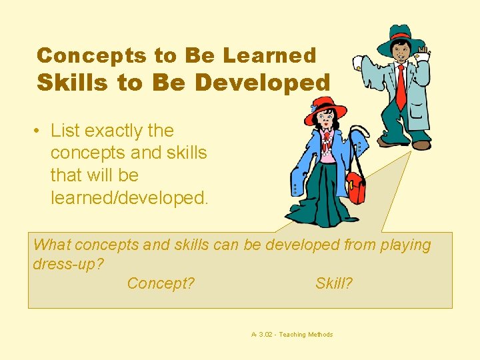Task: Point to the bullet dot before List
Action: pos(39,131)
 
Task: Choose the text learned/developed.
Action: pos(129,197)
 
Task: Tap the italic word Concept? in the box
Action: pos(161,283)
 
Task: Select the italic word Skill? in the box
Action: pos(334,283)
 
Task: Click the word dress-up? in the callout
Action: pos(68,264)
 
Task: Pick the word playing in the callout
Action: pos(405,245)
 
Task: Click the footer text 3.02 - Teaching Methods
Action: pos(295,335)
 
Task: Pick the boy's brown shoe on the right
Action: pos(422,145)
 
